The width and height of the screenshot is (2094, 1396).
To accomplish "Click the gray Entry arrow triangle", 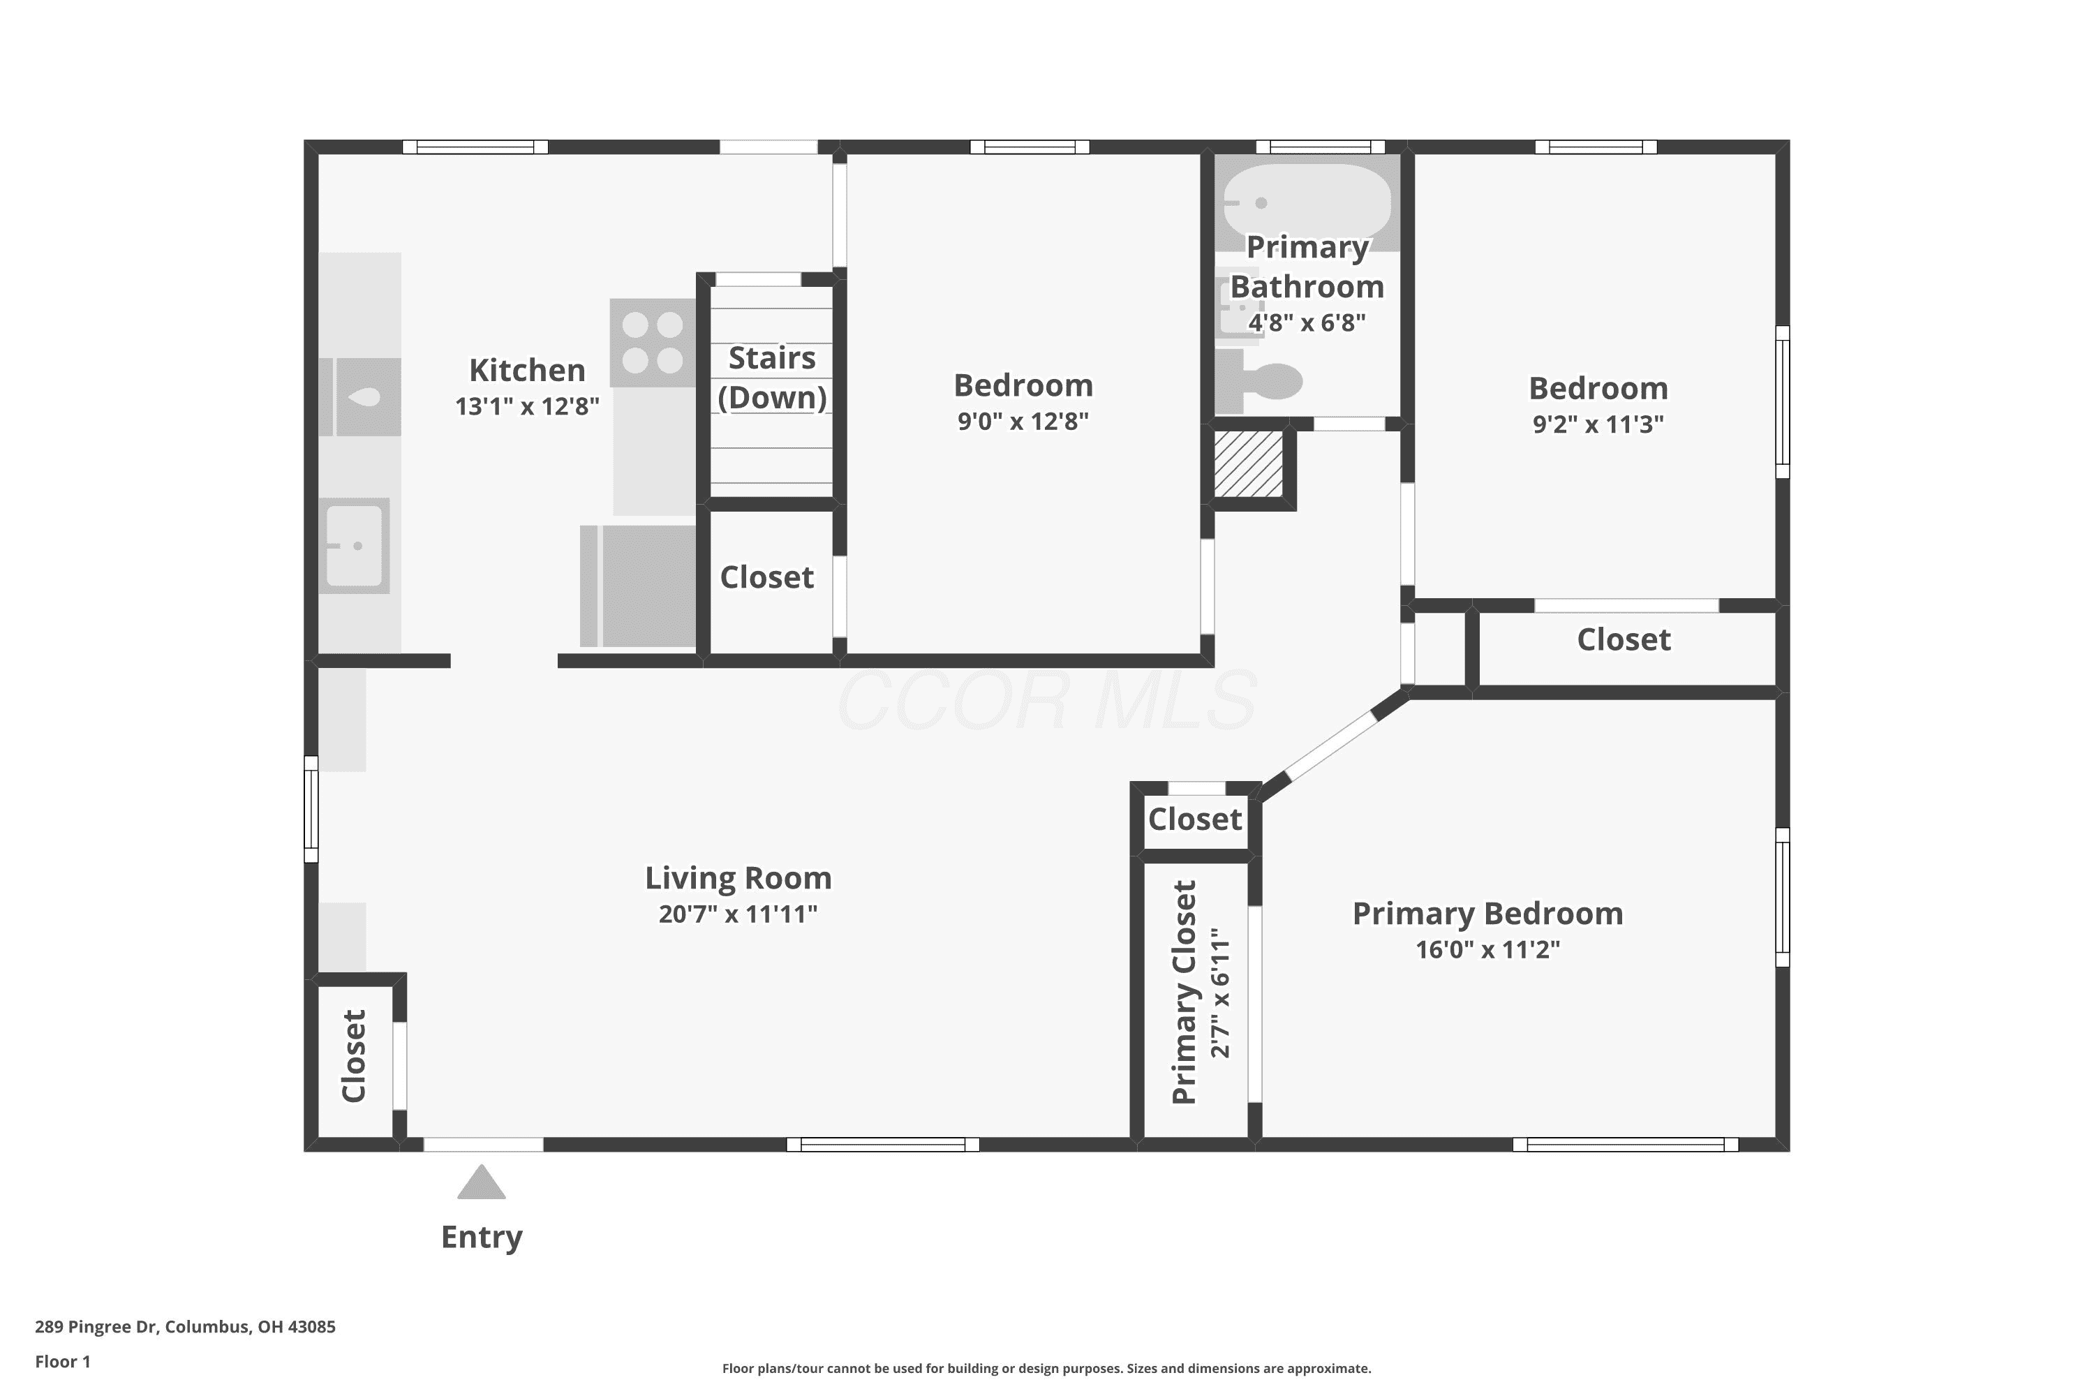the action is click(x=482, y=1182).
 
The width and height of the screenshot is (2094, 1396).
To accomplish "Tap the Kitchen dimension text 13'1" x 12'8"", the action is click(x=527, y=406).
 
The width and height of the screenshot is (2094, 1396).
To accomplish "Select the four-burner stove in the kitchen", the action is click(x=653, y=343).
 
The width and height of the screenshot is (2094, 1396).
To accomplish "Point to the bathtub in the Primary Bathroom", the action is click(x=1307, y=204).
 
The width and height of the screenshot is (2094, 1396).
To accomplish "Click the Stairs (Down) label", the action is click(x=772, y=378).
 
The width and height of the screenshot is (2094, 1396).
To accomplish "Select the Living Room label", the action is click(x=738, y=878).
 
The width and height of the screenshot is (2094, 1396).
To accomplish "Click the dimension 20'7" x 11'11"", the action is click(x=738, y=914).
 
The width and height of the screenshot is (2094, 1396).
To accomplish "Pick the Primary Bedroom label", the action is click(x=1487, y=914).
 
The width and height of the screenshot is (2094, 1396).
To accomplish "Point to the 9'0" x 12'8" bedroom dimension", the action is click(x=1023, y=421).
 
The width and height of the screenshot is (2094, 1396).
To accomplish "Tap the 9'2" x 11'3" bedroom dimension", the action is click(x=1598, y=424).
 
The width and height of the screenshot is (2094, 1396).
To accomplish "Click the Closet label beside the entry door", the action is click(x=353, y=1056).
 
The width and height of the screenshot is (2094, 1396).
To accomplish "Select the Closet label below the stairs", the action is click(x=766, y=577).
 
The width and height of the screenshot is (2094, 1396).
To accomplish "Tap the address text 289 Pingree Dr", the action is click(x=97, y=1327).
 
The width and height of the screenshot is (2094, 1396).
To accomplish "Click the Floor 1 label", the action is click(x=62, y=1361).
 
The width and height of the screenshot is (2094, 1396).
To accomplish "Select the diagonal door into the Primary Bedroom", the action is click(x=1332, y=746).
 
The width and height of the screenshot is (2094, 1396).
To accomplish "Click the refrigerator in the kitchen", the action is click(x=637, y=586).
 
